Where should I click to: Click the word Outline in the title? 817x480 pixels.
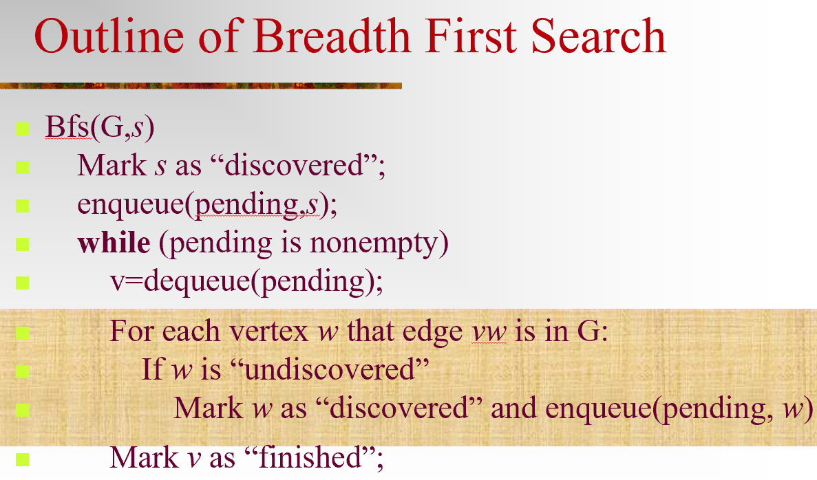pyautogui.click(x=109, y=36)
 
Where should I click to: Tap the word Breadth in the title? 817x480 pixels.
pyautogui.click(x=332, y=36)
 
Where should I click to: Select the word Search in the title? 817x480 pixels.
pyautogui.click(x=599, y=36)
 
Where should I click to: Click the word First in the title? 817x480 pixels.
pyautogui.click(x=471, y=36)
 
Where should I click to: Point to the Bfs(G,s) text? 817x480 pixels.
pyautogui.click(x=100, y=127)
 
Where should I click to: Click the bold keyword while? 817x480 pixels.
pyautogui.click(x=114, y=243)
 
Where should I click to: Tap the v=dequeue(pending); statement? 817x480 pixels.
pyautogui.click(x=246, y=282)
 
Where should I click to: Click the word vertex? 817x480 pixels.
pyautogui.click(x=269, y=331)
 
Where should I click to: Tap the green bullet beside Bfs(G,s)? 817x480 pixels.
pyautogui.click(x=23, y=129)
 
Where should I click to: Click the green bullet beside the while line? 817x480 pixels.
pyautogui.click(x=23, y=244)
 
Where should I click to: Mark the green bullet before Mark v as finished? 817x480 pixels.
pyautogui.click(x=23, y=459)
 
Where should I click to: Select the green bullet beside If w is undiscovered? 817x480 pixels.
pyautogui.click(x=23, y=371)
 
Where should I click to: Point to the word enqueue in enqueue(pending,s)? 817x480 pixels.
pyautogui.click(x=131, y=205)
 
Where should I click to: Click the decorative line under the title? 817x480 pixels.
pyautogui.click(x=200, y=85)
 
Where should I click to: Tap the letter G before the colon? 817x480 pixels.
pyautogui.click(x=588, y=331)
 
